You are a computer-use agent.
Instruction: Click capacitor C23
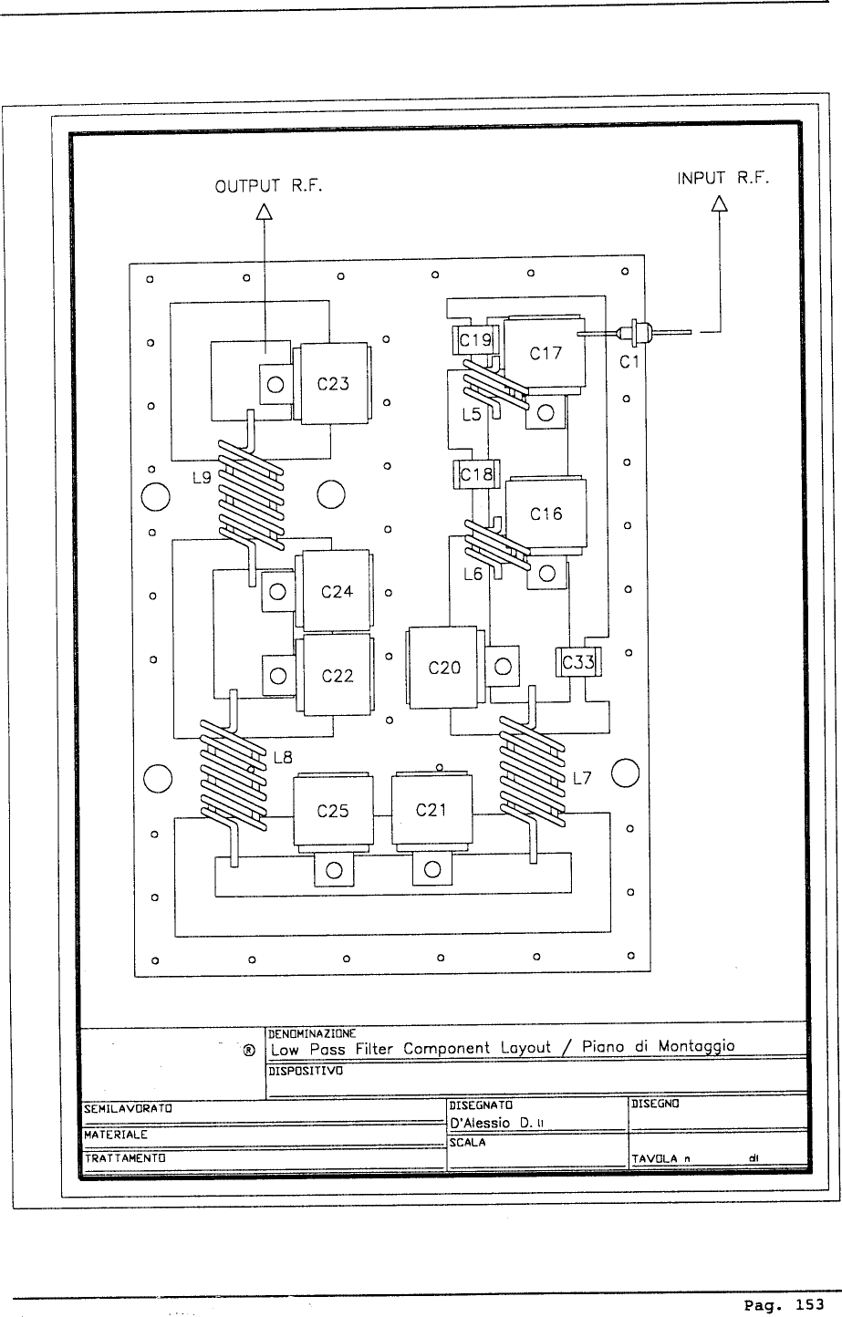pos(333,384)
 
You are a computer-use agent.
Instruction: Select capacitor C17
pos(546,352)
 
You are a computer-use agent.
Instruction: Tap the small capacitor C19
pos(474,341)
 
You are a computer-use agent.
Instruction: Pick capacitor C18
pos(474,474)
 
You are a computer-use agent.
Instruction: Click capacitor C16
pos(546,514)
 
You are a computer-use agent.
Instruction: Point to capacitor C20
pos(444,668)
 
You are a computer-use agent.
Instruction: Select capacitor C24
pos(337,592)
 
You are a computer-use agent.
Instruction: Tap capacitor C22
pos(337,676)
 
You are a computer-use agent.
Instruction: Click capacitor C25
pos(332,811)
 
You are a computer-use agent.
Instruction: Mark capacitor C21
pos(431,811)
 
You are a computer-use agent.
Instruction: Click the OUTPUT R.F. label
pos(268,188)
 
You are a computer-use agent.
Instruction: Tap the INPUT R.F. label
pos(723,179)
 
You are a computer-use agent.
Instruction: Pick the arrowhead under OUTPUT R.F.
pos(265,211)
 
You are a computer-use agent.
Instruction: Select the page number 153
pos(809,1305)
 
